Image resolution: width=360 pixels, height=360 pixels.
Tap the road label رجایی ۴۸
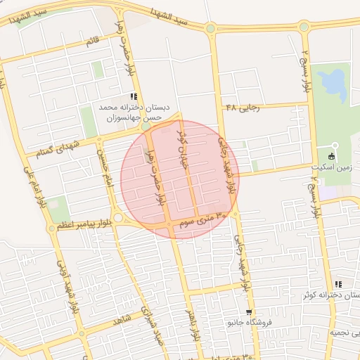[x=243, y=107]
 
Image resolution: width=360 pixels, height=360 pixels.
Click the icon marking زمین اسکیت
[x=332, y=156]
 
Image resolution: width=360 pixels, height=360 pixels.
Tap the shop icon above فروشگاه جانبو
[x=248, y=311]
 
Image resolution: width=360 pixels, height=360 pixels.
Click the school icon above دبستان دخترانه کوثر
[x=338, y=284]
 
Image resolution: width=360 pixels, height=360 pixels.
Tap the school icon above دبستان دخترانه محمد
[x=134, y=96]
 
